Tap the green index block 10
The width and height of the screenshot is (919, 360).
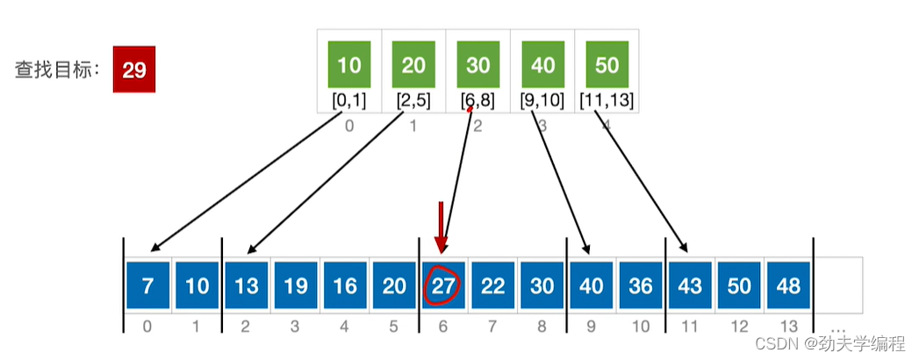pos(349,66)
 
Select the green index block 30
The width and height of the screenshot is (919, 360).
pos(477,66)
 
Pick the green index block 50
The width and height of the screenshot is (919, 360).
pos(607,66)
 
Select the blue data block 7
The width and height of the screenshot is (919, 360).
pos(148,285)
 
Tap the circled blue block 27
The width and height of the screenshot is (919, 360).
pos(444,285)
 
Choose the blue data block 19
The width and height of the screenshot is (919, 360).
pos(297,285)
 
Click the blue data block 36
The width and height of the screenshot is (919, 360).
pos(641,285)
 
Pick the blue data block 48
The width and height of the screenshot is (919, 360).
pos(788,285)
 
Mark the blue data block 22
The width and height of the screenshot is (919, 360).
pos(493,285)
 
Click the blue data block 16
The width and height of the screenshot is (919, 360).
pos(346,285)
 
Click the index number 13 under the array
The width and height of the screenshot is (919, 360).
pos(788,327)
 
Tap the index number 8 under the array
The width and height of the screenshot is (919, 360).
pos(542,327)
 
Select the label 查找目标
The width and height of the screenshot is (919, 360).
pos(54,70)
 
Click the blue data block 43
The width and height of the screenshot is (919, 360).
pos(690,285)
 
